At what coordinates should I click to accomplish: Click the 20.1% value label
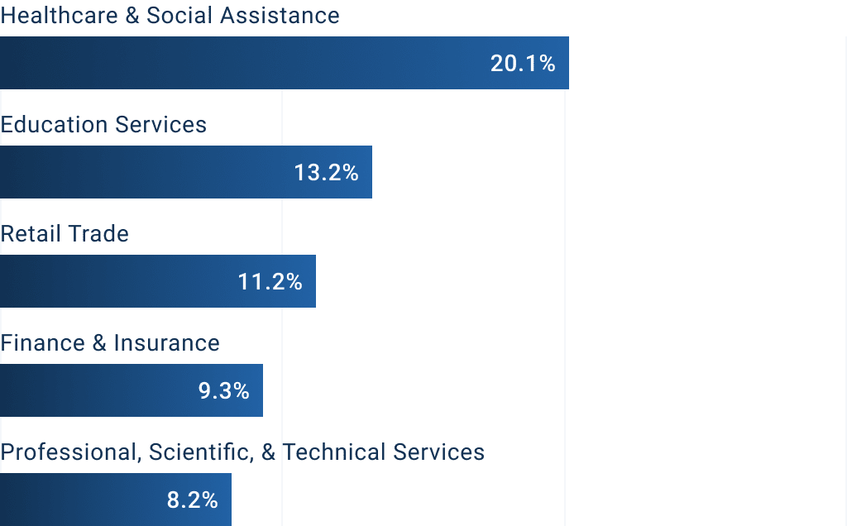point(523,64)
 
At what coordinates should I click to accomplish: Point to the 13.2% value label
point(326,173)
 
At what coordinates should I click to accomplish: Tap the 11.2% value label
point(270,282)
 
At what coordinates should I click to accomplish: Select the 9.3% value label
point(224,391)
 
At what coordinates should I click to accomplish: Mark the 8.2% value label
point(193,500)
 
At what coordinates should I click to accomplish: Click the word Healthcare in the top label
point(59,16)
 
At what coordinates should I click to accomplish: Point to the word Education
point(54,125)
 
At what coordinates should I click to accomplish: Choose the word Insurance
point(166,343)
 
